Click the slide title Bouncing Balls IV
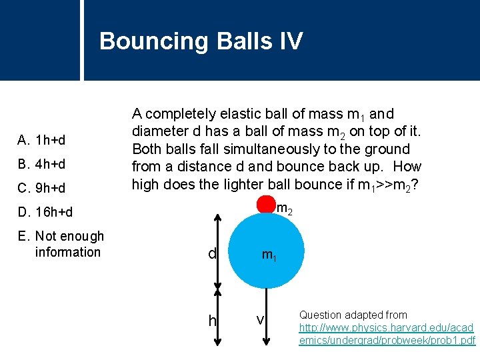pyautogui.click(x=201, y=41)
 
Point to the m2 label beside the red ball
pyautogui.click(x=283, y=209)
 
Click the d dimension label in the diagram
pyautogui.click(x=212, y=255)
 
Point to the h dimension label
pyautogui.click(x=212, y=321)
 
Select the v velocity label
pyautogui.click(x=261, y=321)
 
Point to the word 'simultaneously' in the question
pyautogui.click(x=307, y=149)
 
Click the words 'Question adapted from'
pyautogui.click(x=353, y=315)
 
